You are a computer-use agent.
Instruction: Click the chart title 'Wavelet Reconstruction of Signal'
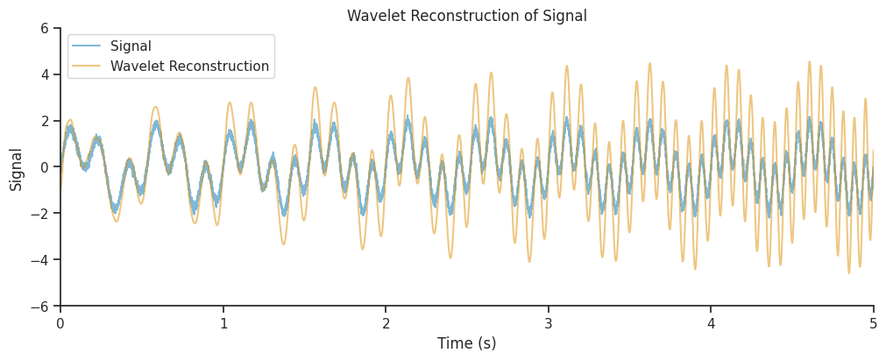[466, 16]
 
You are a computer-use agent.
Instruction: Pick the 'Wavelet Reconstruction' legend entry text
[189, 67]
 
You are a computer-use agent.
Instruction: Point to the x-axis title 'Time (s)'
[466, 343]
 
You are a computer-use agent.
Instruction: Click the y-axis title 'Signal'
[16, 168]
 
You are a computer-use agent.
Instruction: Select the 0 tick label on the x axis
[60, 323]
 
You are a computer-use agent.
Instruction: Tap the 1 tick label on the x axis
[223, 323]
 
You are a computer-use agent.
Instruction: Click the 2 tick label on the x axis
[386, 323]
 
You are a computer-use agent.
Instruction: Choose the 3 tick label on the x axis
[549, 323]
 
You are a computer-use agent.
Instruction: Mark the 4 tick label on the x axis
[711, 323]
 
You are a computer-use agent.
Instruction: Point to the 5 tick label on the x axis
[874, 323]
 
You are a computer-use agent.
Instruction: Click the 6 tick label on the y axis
[44, 28]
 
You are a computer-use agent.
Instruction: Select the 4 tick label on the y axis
[44, 74]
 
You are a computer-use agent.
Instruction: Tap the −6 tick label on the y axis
[39, 307]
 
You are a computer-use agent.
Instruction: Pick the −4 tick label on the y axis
[39, 260]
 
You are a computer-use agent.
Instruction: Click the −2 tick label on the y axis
[39, 214]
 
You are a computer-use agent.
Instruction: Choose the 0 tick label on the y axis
[44, 167]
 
